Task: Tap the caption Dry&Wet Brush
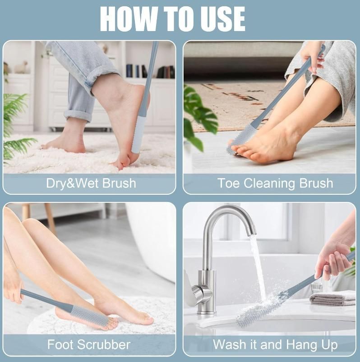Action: tap(91, 183)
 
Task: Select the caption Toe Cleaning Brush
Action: tap(275, 183)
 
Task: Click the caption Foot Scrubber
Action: tap(89, 345)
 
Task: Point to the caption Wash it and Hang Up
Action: tap(275, 345)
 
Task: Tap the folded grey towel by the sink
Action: tap(332, 298)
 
